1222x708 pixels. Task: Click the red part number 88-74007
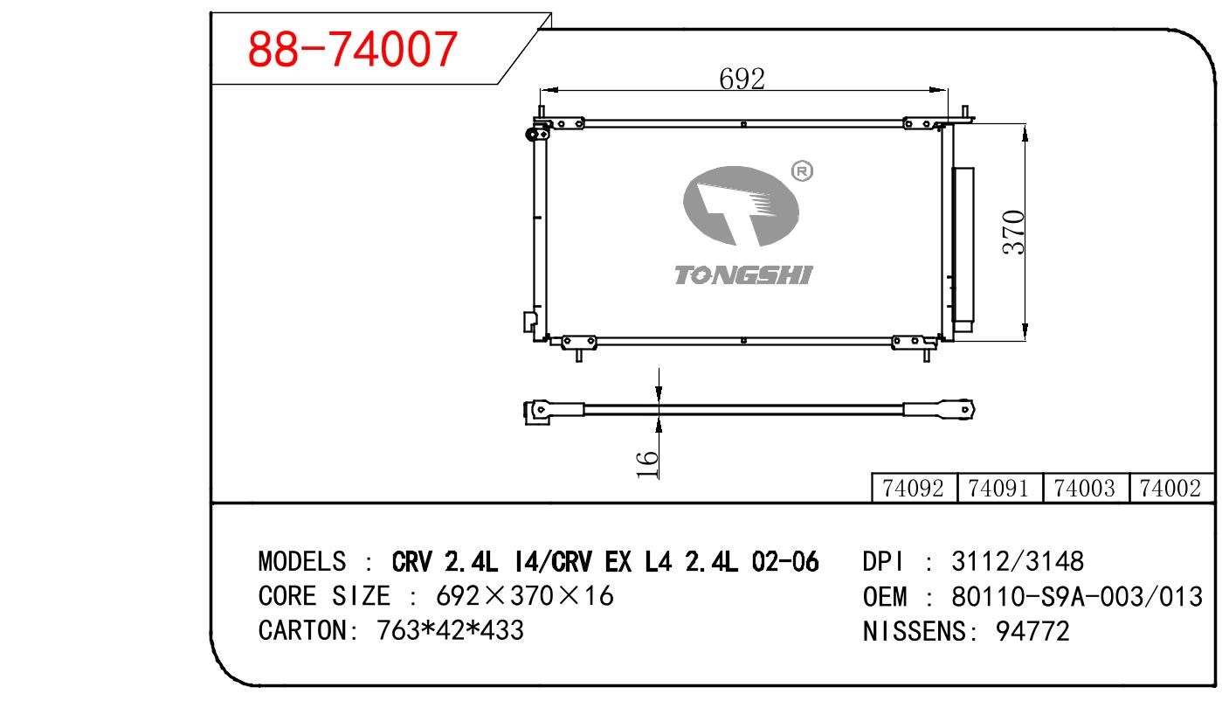pos(352,49)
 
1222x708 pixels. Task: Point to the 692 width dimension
pos(742,80)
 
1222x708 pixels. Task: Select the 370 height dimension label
pos(1014,233)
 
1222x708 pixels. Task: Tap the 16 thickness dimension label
pos(647,464)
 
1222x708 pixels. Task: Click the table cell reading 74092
pos(913,488)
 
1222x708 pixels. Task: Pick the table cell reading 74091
pos(998,488)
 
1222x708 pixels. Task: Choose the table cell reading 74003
pos(1084,488)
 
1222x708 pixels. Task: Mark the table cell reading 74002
pos(1170,488)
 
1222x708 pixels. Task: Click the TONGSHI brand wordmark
pos(743,275)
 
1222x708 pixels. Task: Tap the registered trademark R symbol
pos(802,171)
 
